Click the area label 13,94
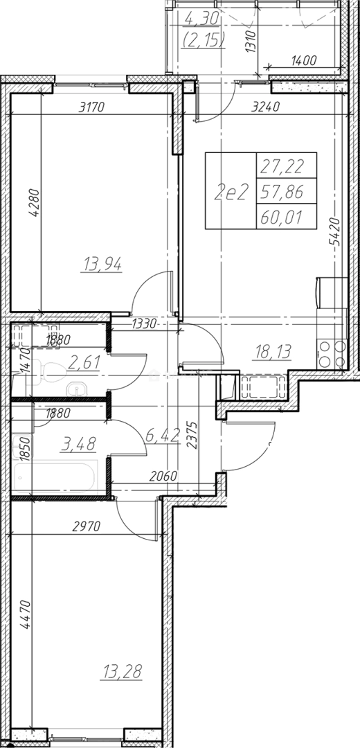pos(102,263)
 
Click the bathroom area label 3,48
pos(79,444)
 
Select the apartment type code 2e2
pos(232,193)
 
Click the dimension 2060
pos(163,476)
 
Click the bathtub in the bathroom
pos(55,477)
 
